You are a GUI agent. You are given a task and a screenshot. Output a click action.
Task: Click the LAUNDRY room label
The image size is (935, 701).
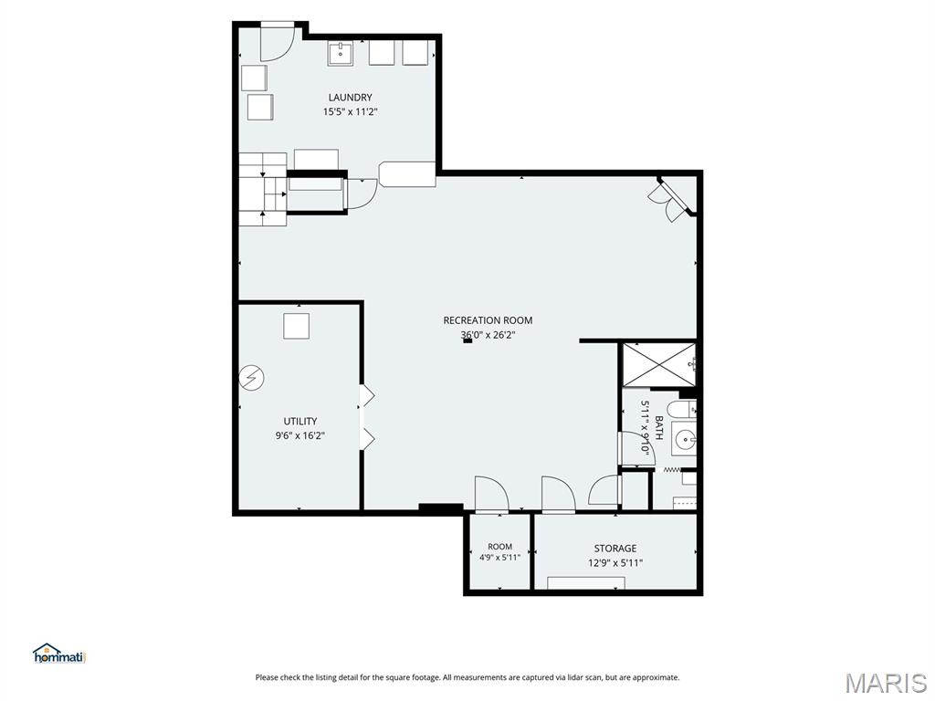pyautogui.click(x=350, y=97)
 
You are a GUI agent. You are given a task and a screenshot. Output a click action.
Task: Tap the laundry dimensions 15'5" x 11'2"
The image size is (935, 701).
pyautogui.click(x=350, y=111)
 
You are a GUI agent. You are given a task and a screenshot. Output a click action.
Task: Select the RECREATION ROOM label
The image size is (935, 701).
pyautogui.click(x=488, y=320)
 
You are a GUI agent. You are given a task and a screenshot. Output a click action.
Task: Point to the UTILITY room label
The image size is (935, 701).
pyautogui.click(x=299, y=422)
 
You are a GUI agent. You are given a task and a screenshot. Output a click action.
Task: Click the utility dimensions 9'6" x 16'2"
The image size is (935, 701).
pyautogui.click(x=299, y=435)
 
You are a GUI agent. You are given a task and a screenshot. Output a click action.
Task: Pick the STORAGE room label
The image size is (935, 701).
pyautogui.click(x=615, y=549)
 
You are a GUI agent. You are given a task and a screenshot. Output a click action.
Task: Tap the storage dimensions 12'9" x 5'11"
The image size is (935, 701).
pyautogui.click(x=615, y=562)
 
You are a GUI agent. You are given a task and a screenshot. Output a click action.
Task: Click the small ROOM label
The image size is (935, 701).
pyautogui.click(x=499, y=547)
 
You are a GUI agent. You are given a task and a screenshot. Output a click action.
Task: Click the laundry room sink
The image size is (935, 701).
pyautogui.click(x=341, y=54)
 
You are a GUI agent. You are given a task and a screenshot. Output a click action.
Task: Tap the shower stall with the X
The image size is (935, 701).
pyautogui.click(x=659, y=364)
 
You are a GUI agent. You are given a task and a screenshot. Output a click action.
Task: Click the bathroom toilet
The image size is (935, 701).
pyautogui.click(x=681, y=410)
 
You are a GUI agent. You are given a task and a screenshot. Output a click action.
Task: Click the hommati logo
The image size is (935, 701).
pyautogui.click(x=60, y=654)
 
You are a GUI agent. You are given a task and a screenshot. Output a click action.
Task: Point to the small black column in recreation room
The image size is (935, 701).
pyautogui.click(x=467, y=341)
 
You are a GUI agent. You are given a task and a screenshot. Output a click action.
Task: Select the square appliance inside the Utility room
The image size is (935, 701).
pyautogui.click(x=296, y=326)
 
